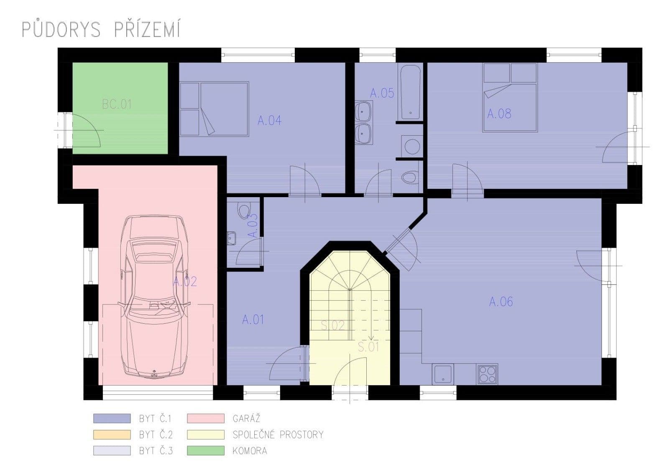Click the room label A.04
(269, 121)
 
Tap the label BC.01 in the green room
(117, 104)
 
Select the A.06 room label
(501, 301)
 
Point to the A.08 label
(499, 113)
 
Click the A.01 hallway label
(253, 320)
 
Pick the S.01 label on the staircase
(368, 347)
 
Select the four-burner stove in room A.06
(487, 374)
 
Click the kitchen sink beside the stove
(443, 374)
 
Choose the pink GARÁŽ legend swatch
(206, 418)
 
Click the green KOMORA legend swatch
(206, 451)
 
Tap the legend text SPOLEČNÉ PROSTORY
(278, 435)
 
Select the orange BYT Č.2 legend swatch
(112, 435)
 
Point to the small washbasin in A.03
(231, 238)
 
